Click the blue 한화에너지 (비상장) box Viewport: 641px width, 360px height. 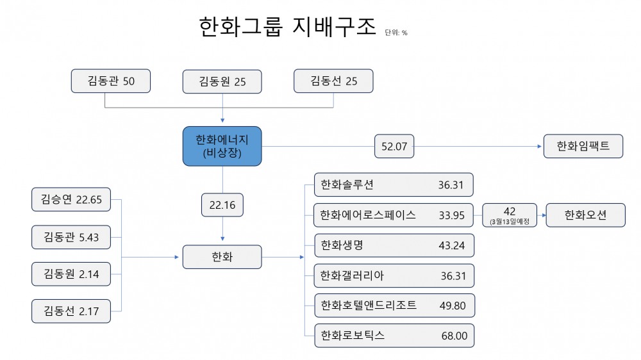click(x=222, y=146)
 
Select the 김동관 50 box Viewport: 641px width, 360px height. click(x=111, y=81)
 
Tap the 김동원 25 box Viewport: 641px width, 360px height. click(x=222, y=81)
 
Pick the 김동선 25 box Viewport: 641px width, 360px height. click(x=333, y=81)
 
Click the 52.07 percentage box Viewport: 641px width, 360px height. click(x=394, y=147)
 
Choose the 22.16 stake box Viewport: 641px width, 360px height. click(x=222, y=205)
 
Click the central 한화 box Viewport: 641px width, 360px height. click(x=222, y=257)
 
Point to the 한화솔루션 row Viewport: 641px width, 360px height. click(x=394, y=184)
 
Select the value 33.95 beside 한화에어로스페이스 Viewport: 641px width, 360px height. click(x=451, y=215)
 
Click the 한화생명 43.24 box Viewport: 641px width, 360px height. click(x=394, y=245)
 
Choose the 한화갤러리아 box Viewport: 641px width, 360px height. click(x=394, y=275)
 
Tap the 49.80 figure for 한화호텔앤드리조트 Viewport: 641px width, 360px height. click(x=452, y=306)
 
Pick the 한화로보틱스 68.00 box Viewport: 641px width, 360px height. click(x=394, y=336)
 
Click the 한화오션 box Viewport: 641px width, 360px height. click(x=585, y=215)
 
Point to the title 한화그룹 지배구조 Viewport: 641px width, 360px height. click(x=287, y=28)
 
